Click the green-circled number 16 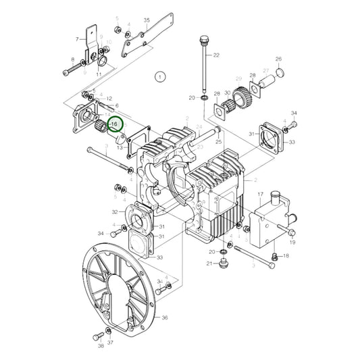click(115, 124)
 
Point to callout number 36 click(165, 316)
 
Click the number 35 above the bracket click(147, 21)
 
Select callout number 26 click(77, 40)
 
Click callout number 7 click(77, 40)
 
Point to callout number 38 click(100, 346)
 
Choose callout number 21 click(209, 263)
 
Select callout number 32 click(115, 212)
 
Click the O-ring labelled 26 click(281, 72)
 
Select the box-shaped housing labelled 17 click(266, 223)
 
